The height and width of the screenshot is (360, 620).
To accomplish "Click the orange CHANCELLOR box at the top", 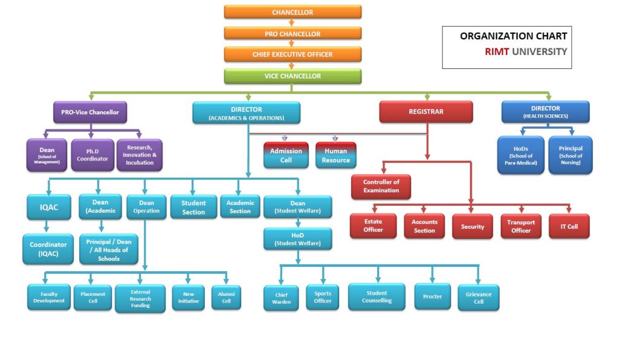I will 292,12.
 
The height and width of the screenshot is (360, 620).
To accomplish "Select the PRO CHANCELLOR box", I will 292,33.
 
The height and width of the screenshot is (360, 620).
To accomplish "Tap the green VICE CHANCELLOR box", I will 292,76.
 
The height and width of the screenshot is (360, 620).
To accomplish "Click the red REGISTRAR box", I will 426,112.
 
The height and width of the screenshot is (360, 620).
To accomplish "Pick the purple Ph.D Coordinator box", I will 92,155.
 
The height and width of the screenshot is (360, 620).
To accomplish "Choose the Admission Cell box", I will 286,155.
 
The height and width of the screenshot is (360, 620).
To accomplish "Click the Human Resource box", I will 335,155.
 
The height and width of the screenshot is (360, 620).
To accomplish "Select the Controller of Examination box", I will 381,186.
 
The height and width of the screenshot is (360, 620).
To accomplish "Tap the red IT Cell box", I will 569,226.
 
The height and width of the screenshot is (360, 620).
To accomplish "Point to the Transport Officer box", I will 520,226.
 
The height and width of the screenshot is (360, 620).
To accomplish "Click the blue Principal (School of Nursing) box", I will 570,155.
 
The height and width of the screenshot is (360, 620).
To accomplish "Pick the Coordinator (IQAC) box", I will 48,249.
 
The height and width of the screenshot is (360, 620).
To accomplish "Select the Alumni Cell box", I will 226,296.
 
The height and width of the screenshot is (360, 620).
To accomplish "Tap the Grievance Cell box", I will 478,298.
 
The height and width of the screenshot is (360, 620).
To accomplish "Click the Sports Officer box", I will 322,297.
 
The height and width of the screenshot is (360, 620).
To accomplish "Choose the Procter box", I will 432,296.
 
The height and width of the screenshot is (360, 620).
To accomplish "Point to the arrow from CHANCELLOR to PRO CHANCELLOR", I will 292,23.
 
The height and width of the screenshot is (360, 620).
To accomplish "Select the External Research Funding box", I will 140,298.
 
